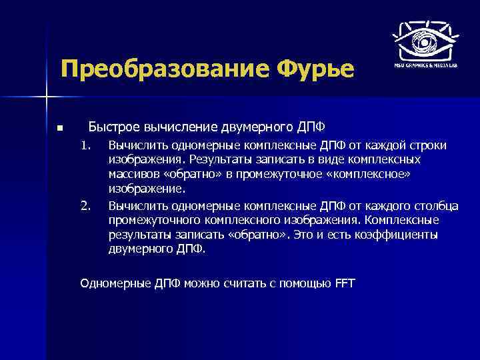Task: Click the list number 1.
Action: (x=85, y=145)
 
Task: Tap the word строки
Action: (x=429, y=145)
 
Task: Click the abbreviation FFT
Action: (x=345, y=283)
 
